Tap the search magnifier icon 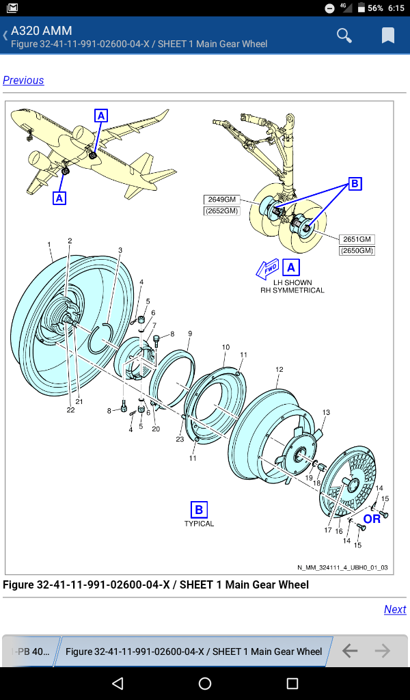click(x=344, y=36)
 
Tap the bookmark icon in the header click(x=387, y=36)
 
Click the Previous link click(x=23, y=81)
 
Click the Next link click(x=395, y=609)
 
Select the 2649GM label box click(x=221, y=200)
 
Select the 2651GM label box click(x=357, y=239)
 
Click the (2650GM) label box click(x=357, y=251)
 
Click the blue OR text click(x=372, y=519)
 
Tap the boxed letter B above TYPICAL click(x=199, y=509)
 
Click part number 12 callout click(x=279, y=370)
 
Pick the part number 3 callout click(x=120, y=250)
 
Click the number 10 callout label click(x=225, y=347)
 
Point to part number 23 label click(x=180, y=440)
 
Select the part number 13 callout click(x=326, y=412)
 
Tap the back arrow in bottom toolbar click(x=349, y=651)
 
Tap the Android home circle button click(x=205, y=684)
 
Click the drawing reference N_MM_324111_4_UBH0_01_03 click(x=342, y=567)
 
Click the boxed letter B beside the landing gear click(x=354, y=183)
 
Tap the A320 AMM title click(x=42, y=31)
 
